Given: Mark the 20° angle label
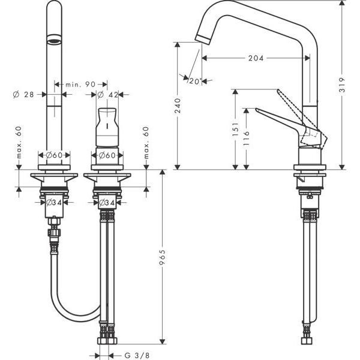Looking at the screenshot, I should pyautogui.click(x=193, y=80).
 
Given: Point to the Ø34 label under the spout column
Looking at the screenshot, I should pyautogui.click(x=55, y=202).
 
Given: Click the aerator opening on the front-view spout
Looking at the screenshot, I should pyautogui.click(x=54, y=41).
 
